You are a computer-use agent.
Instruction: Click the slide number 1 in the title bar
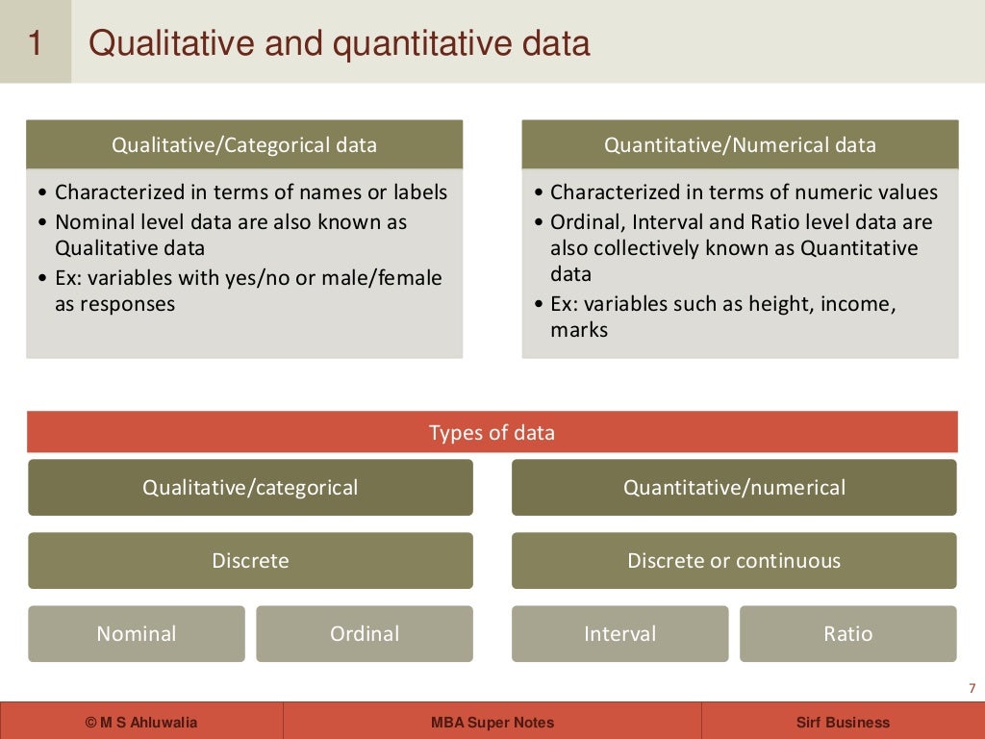[35, 43]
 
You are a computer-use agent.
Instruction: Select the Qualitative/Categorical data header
[244, 145]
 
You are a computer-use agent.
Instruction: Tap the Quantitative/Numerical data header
[740, 145]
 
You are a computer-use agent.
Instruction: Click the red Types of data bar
[492, 432]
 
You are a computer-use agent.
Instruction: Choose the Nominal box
[137, 634]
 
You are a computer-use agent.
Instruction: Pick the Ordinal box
[365, 634]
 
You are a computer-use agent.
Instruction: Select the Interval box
[619, 634]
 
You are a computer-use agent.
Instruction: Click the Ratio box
[847, 634]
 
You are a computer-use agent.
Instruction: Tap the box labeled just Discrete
[250, 561]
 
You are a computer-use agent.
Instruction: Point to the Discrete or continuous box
[734, 561]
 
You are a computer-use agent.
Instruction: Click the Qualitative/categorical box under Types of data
[250, 488]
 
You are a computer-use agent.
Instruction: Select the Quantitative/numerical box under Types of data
[734, 488]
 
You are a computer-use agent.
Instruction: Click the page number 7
[972, 688]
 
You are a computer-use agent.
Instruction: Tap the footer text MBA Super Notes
[492, 723]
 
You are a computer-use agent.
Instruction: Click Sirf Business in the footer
[843, 723]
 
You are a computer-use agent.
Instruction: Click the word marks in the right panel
[579, 330]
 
